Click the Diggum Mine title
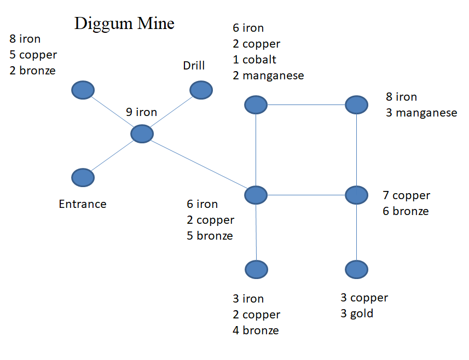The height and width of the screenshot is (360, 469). coord(124,24)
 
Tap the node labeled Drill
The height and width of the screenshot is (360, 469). coord(201,90)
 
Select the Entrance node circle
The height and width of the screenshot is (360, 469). coord(83,177)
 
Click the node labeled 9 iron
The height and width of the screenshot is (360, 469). coord(142,133)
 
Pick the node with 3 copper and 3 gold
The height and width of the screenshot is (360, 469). coord(356,269)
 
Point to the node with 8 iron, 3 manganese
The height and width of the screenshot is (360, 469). coord(356,104)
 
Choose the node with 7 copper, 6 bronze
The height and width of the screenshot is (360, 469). coord(356,194)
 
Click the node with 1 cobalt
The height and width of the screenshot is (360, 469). coord(256,104)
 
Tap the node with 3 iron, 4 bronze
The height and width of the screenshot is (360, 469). coord(256,269)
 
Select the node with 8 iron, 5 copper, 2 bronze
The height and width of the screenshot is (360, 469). coord(83,90)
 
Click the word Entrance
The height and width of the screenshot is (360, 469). coord(83,204)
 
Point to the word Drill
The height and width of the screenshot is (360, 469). coord(194,66)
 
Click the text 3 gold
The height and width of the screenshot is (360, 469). coord(357,313)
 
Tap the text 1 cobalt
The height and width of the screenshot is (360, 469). coord(254,60)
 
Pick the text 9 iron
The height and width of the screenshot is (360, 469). coord(141,112)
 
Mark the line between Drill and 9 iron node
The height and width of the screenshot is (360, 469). coord(171,112)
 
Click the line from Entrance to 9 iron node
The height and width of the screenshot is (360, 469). coord(112,155)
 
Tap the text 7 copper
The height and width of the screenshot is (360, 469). coord(406,195)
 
